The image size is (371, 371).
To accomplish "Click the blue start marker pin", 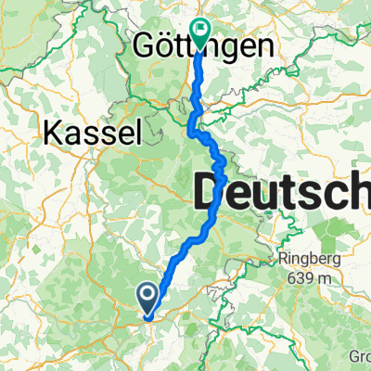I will [148, 298].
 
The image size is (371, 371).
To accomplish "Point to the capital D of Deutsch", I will [210, 195].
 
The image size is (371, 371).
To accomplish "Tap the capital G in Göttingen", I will [146, 45].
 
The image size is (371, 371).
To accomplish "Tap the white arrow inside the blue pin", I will [148, 295].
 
